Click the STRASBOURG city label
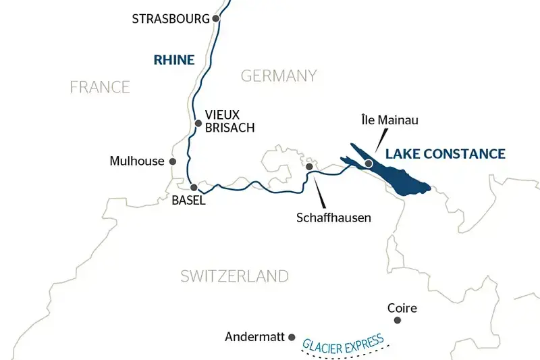171,19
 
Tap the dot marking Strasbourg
216,19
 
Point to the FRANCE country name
100,86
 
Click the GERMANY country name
279,75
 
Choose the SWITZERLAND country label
234,276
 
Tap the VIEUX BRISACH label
222,122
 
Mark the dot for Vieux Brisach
198,123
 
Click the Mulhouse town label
137,161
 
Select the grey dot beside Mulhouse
173,161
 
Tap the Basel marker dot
193,187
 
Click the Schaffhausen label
333,218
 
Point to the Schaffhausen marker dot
309,166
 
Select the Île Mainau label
389,120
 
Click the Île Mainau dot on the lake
368,163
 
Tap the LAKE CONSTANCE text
445,154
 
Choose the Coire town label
402,308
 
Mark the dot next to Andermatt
292,336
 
